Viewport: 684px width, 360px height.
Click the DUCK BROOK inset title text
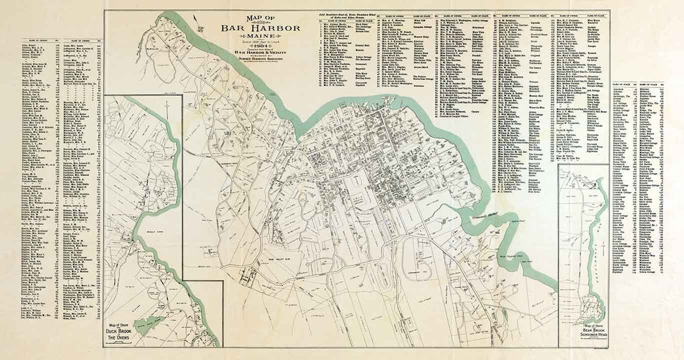click(x=121, y=332)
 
